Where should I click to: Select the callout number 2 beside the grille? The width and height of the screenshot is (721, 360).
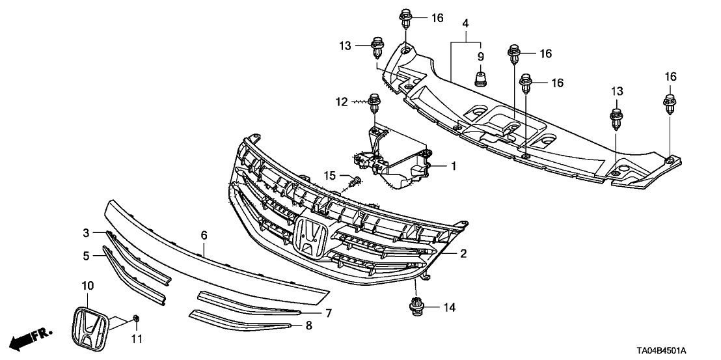pos(463,253)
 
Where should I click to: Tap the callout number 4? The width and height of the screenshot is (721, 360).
pos(465,23)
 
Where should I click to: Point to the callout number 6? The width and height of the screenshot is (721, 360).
pos(204,234)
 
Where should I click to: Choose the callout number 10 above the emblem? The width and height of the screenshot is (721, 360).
pos(87,286)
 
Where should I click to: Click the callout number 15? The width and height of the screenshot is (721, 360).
pos(331,176)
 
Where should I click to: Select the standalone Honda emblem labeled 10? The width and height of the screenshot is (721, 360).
pos(88,325)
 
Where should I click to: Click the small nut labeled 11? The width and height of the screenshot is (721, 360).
pos(137,318)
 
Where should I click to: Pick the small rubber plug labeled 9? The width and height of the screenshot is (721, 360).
pos(481,79)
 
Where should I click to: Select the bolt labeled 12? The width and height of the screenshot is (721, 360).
pos(374,103)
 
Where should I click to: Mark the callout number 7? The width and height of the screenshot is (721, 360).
pos(329,313)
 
